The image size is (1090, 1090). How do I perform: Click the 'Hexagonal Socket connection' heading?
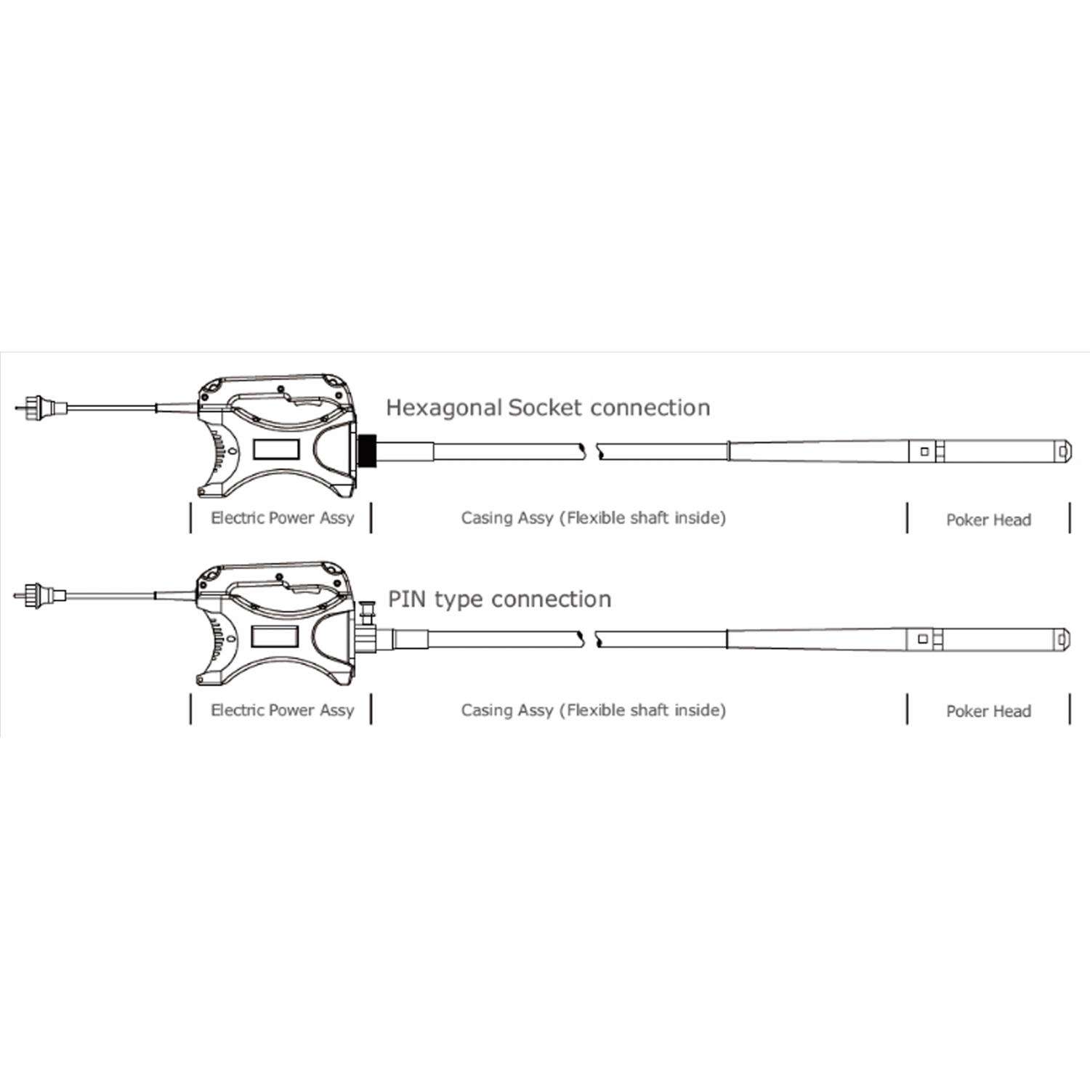pos(548,408)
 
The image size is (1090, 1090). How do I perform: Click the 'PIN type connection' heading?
pos(499,599)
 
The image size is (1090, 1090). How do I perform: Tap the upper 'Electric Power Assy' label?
pos(282,518)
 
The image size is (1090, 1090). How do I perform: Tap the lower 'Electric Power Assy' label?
pos(282,710)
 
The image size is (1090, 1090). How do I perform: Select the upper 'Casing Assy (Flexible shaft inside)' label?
pos(594,518)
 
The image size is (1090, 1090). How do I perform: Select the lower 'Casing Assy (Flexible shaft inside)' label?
pos(594,710)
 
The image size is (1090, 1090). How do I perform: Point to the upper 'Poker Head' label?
pos(988,520)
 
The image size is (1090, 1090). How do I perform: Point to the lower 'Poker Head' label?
pos(988,711)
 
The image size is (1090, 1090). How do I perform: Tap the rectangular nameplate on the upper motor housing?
pos(275,450)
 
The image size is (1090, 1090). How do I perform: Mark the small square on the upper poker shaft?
pos(924,451)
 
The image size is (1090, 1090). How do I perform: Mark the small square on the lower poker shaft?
pos(923,639)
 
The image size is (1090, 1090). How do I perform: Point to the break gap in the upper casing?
pos(592,451)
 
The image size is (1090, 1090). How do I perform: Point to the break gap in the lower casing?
pos(589,639)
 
